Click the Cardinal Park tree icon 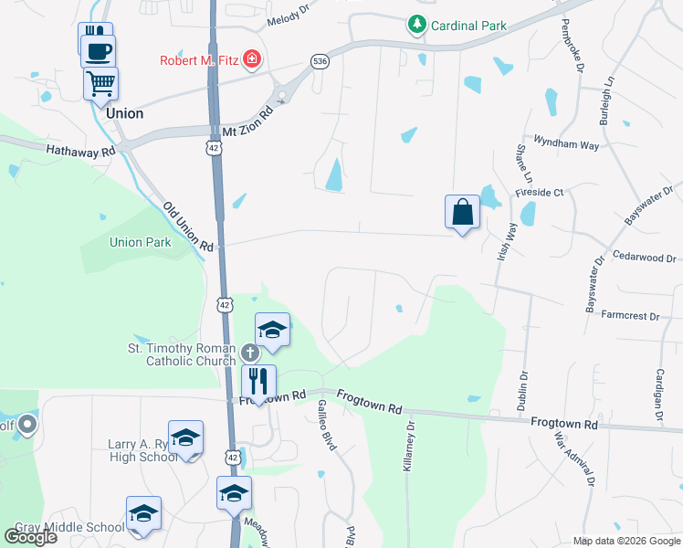(x=417, y=25)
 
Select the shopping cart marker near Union (x=100, y=84)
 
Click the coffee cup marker (x=99, y=50)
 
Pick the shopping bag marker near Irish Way (x=463, y=212)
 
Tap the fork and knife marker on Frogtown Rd (x=258, y=381)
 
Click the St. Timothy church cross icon (x=250, y=352)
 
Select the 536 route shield (x=319, y=61)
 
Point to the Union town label (x=125, y=113)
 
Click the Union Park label (x=140, y=243)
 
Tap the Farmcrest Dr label (x=631, y=316)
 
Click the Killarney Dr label (x=409, y=445)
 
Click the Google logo (x=30, y=537)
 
